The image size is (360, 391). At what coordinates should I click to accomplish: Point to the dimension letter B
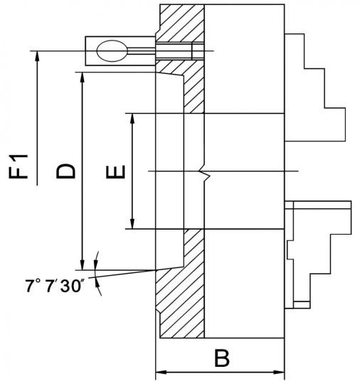tap(221, 358)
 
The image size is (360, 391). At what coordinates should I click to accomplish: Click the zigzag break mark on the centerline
tap(204, 173)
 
